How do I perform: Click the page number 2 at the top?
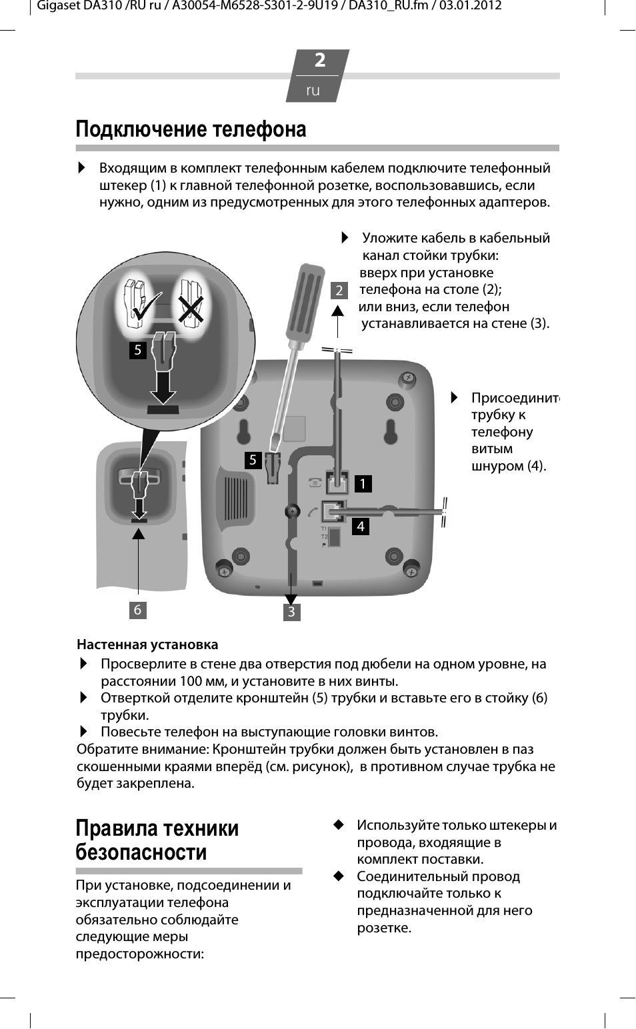click(x=320, y=61)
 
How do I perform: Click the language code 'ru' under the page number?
click(x=313, y=90)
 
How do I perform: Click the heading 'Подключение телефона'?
click(x=191, y=129)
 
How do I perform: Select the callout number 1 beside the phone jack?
click(x=363, y=483)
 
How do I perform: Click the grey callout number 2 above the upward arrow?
click(x=339, y=290)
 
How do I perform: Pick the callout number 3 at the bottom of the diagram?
click(x=291, y=611)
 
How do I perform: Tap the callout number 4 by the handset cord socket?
click(x=361, y=526)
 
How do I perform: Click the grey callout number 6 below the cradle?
click(x=137, y=610)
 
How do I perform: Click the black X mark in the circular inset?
click(x=190, y=309)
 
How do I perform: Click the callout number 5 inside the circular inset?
click(x=137, y=350)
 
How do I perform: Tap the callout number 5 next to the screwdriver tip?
click(x=253, y=460)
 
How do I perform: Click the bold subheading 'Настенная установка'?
click(x=147, y=644)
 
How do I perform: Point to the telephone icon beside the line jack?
click(x=314, y=483)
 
